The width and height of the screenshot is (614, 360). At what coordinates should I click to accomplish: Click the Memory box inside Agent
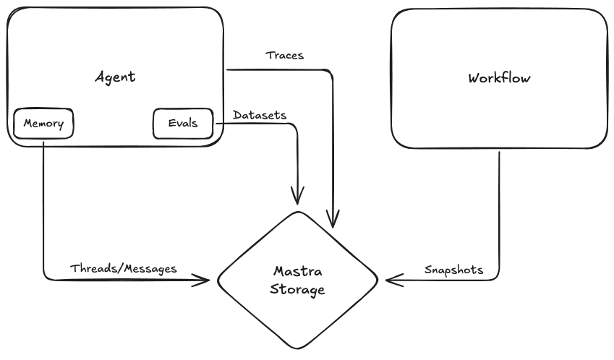43,124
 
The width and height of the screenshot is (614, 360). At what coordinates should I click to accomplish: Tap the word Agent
115,77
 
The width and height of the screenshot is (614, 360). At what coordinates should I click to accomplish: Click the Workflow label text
499,78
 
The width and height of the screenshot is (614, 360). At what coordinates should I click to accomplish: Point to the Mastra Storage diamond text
297,280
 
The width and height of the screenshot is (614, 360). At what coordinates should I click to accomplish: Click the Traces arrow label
284,55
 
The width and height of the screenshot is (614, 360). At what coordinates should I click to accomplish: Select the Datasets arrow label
260,115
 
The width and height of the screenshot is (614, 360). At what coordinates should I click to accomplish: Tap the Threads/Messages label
124,268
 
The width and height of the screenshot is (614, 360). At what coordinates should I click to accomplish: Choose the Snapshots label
453,270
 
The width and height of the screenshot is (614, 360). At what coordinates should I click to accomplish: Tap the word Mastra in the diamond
297,272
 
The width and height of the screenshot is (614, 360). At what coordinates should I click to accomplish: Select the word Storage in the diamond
297,290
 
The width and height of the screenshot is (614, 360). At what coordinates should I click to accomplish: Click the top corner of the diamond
297,213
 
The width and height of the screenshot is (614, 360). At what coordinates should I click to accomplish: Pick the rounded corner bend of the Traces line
331,72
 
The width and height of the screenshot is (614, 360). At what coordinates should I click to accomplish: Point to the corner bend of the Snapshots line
498,277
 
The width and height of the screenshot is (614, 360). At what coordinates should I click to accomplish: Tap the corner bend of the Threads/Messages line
46,278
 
